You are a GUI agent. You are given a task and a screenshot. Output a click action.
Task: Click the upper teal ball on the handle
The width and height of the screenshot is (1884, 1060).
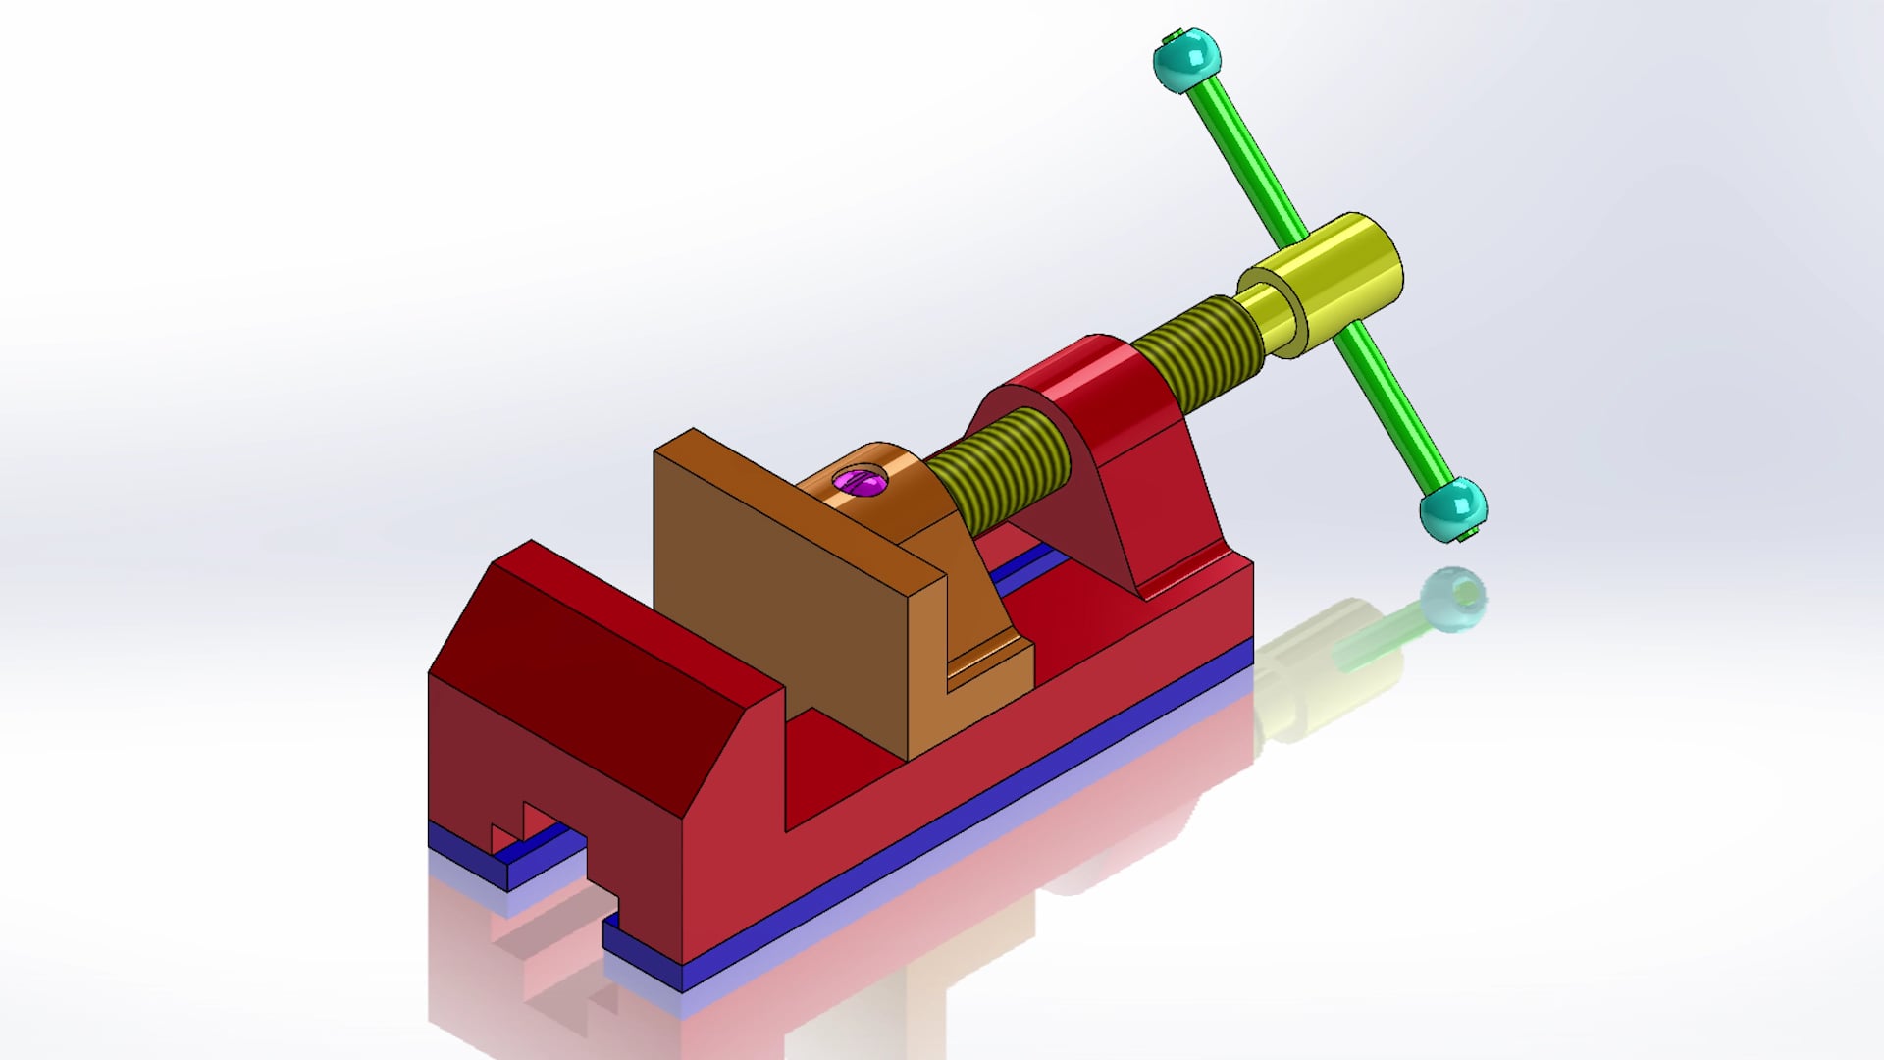tap(1187, 60)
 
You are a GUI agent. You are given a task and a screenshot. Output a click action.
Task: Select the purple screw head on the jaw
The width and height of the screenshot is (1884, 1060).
tap(860, 482)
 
